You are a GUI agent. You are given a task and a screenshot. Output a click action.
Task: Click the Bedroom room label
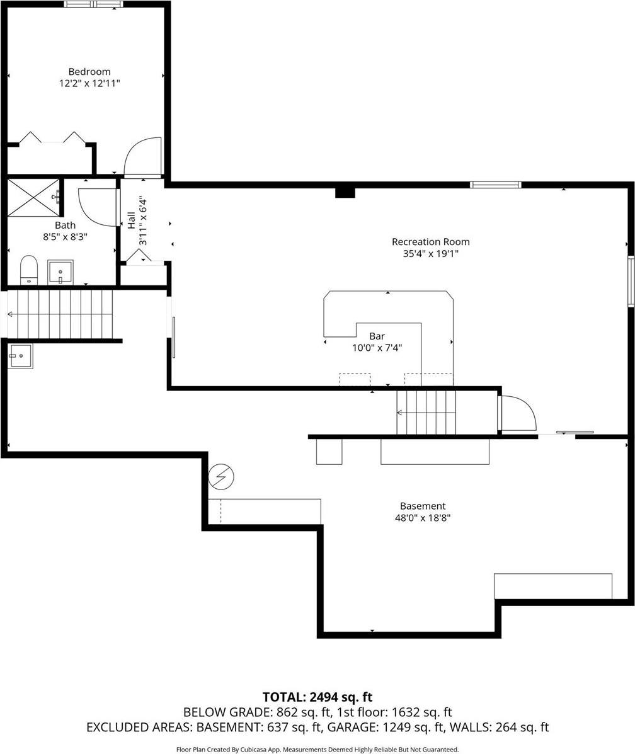coord(89,72)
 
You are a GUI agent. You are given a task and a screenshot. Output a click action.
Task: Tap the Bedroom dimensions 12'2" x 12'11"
coord(89,83)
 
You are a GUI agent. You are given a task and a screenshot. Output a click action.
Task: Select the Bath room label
coord(65,225)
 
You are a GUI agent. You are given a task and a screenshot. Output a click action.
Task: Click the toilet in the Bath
coord(29,270)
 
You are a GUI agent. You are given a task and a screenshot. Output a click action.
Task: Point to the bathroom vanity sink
coord(60,272)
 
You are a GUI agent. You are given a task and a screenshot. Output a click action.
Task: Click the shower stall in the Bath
coord(33,197)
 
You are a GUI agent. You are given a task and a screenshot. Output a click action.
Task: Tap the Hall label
coord(132,220)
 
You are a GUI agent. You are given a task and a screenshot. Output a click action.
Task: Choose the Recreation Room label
coord(430,242)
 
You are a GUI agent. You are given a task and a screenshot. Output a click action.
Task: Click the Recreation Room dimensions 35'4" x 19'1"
coord(430,254)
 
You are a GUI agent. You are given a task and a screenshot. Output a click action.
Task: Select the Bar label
coord(377,336)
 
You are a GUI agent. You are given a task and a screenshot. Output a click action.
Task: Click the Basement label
coord(422,506)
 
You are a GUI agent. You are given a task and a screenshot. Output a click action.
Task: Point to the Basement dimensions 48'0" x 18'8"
coord(422,518)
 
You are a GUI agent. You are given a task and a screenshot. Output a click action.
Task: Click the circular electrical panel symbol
coord(221,477)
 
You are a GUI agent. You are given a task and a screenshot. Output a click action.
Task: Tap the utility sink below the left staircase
coord(20,356)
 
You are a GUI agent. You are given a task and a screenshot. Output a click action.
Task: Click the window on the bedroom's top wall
coord(93,4)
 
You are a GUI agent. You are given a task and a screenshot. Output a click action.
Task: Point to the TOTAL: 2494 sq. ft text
coord(317,697)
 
